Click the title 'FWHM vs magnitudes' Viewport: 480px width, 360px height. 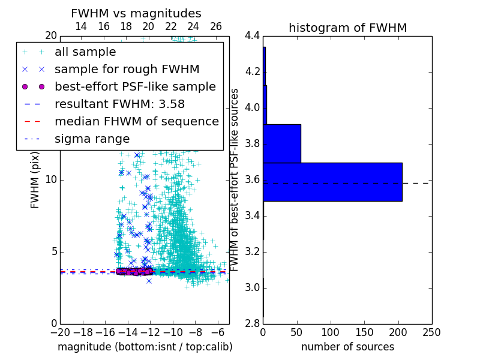(x=136, y=13)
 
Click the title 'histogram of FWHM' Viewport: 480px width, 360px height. (x=347, y=28)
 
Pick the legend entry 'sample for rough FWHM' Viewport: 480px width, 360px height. (x=127, y=69)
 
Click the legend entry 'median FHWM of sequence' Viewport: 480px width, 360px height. (x=136, y=121)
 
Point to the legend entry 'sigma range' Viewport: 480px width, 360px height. (x=92, y=139)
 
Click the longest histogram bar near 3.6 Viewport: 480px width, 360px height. (x=332, y=182)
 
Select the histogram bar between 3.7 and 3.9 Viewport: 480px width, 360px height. (x=282, y=143)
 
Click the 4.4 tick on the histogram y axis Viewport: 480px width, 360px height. (x=252, y=36)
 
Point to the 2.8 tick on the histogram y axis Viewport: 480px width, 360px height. (x=252, y=323)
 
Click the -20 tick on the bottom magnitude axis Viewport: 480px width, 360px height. (x=60, y=332)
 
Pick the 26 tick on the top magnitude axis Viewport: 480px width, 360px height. (x=216, y=26)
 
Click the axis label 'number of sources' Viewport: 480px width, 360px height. (x=347, y=347)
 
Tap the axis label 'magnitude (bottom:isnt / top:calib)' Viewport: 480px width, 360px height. (x=145, y=347)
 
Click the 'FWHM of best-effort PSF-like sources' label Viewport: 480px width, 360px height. (x=235, y=179)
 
